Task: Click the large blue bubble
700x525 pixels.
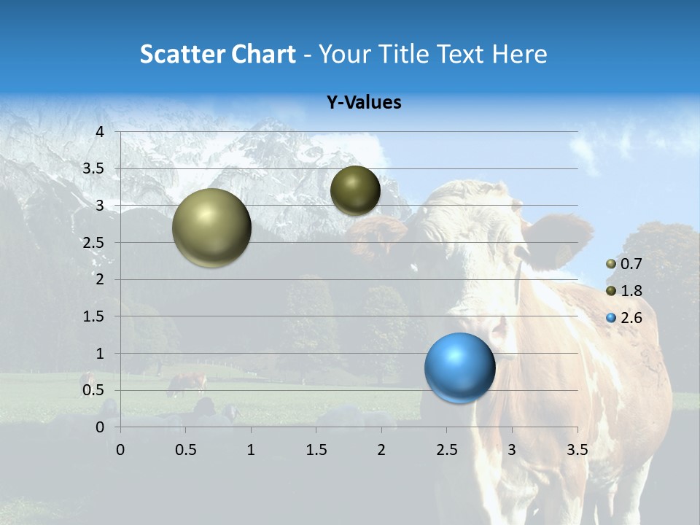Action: tap(459, 367)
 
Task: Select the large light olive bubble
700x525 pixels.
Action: tap(211, 227)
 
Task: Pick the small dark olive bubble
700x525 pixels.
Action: tap(355, 190)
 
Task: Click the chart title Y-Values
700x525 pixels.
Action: tap(363, 103)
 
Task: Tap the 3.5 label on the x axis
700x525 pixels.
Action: tap(577, 450)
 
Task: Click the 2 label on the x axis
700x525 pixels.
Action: tap(381, 450)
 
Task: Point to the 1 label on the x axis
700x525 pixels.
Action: tap(251, 450)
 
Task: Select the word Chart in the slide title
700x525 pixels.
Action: tap(263, 54)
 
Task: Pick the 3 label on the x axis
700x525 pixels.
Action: tap(512, 450)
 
